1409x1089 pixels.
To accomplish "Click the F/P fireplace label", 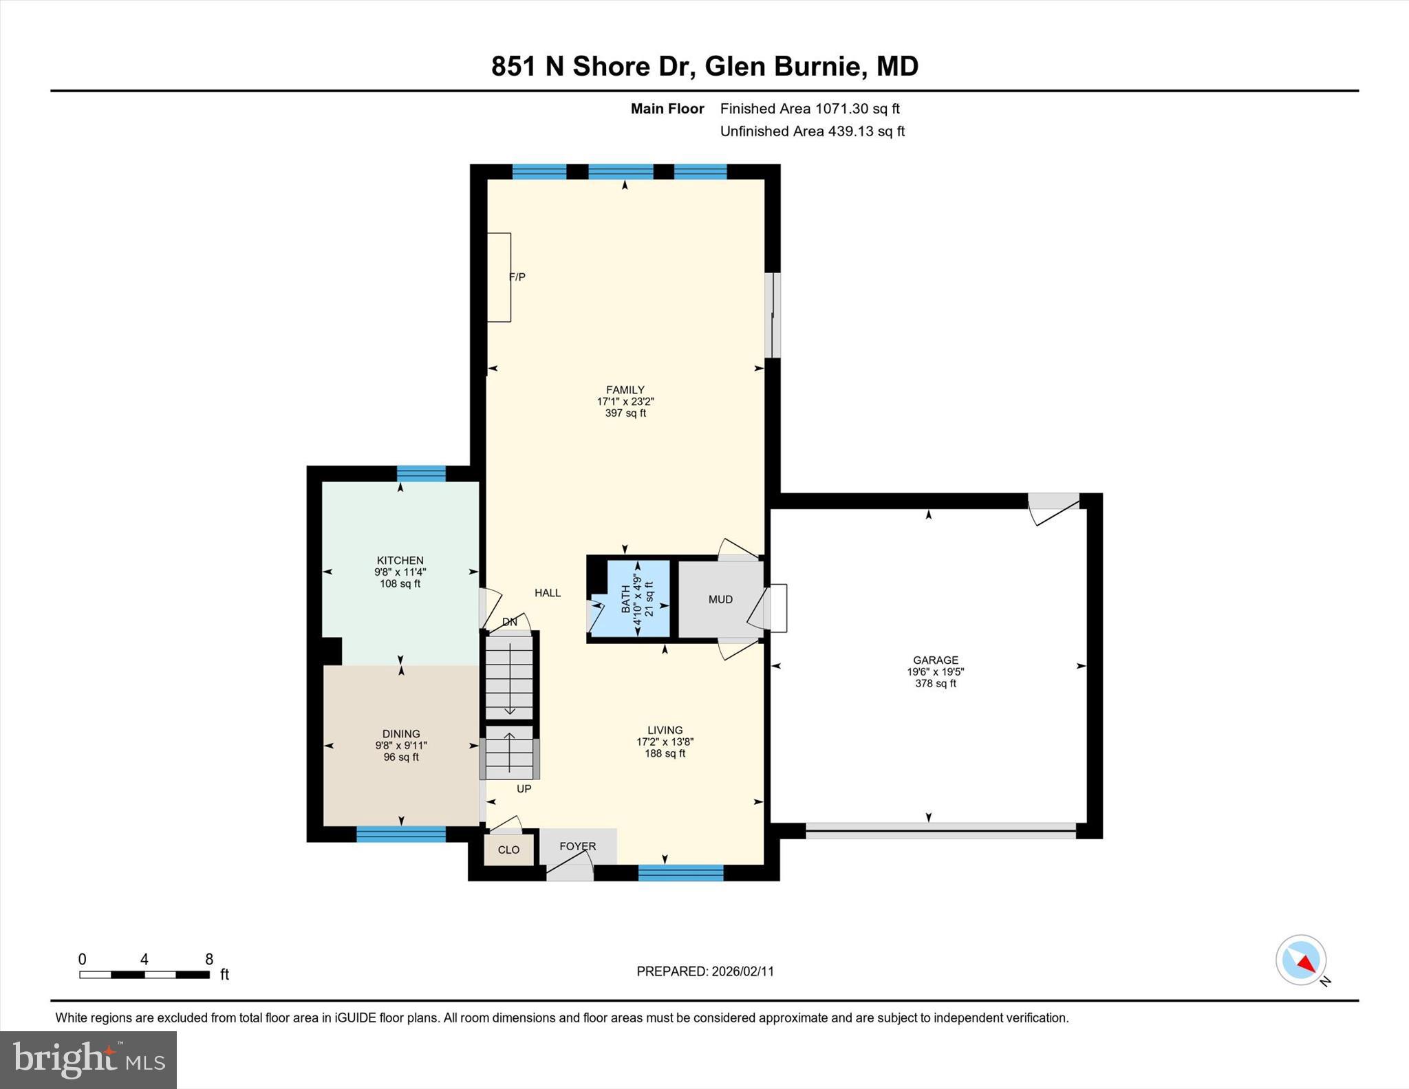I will coord(517,277).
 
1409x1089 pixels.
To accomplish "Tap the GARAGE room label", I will coord(935,660).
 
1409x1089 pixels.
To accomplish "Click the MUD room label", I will coord(720,599).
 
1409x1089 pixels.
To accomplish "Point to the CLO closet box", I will coord(508,850).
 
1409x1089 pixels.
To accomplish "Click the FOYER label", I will coord(577,846).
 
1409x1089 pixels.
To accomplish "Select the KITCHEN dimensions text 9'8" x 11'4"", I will coord(400,572).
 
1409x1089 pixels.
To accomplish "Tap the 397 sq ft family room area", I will coord(625,413).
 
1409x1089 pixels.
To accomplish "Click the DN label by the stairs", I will coord(509,622).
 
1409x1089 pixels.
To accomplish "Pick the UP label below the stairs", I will coord(524,789).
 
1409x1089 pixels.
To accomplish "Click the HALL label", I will coord(548,592).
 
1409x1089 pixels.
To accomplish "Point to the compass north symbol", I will coord(1301,960).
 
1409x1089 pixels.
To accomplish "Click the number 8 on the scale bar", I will coord(209,959).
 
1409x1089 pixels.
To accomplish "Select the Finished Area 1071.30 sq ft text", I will coord(810,109).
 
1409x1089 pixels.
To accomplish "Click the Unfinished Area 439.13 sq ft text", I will coord(812,131).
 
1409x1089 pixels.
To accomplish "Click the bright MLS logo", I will coord(88,1059).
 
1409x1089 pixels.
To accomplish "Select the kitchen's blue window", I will coord(421,473).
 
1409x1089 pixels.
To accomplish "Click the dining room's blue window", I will coord(400,834).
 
